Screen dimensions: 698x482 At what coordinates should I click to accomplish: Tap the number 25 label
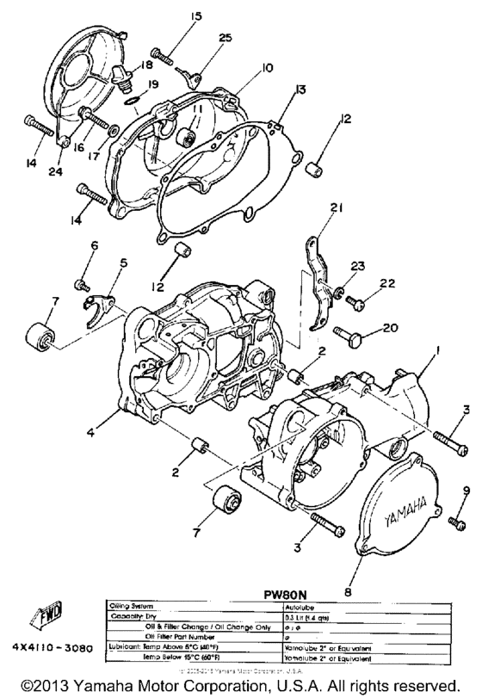[226, 38]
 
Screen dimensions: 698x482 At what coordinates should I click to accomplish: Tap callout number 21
[335, 207]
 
